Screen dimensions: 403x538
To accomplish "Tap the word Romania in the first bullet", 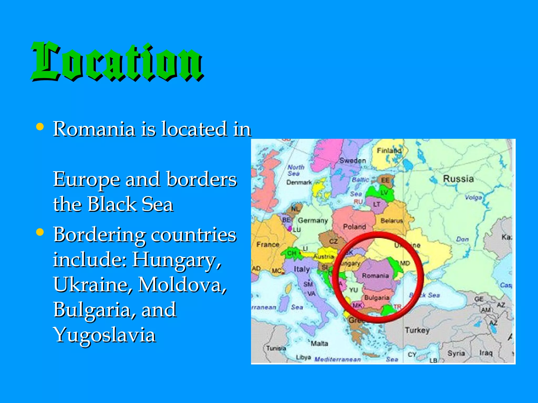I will [94, 129].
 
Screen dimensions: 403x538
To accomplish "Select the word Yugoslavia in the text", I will [105, 335].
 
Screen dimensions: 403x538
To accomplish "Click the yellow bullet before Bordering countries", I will [40, 232].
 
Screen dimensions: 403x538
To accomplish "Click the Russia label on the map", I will [458, 179].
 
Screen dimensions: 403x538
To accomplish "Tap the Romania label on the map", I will [375, 275].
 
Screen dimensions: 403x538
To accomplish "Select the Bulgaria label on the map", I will [377, 298].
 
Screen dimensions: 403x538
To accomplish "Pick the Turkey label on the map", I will [417, 330].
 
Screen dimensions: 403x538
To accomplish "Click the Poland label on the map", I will [354, 226].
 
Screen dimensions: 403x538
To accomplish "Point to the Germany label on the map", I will [313, 220].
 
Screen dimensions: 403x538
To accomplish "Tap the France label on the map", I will [268, 245].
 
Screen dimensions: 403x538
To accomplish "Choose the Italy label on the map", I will [302, 269].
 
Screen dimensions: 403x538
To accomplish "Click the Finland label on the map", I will [389, 151].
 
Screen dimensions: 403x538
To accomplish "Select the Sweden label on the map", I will [353, 161].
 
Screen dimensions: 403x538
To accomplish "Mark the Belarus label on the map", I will [391, 221].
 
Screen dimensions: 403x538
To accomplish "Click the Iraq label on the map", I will [485, 353].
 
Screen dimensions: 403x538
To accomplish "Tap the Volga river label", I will [473, 198].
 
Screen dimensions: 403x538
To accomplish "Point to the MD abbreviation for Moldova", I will [405, 263].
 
